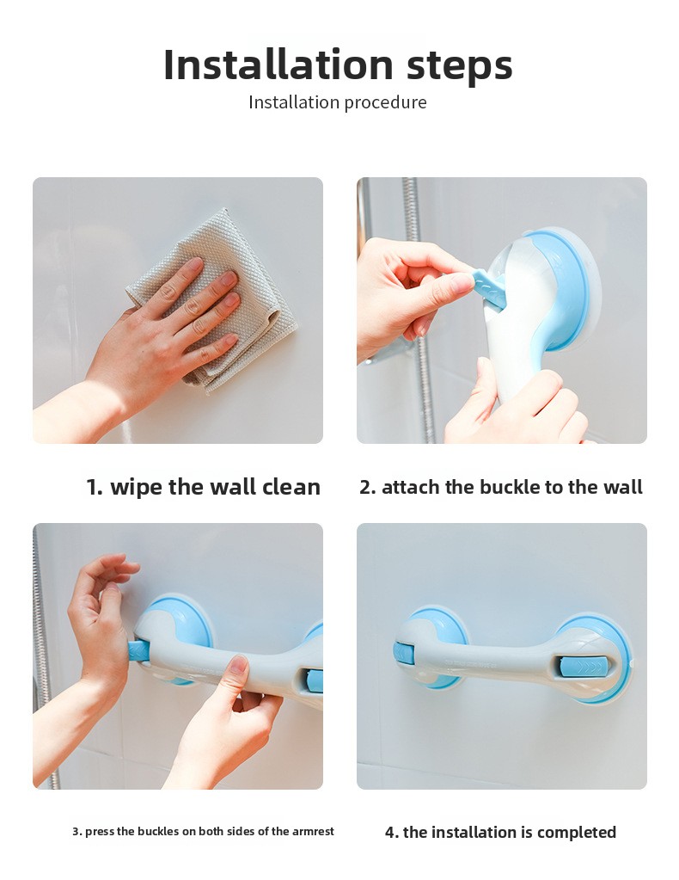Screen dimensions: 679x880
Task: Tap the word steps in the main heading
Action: coord(460,67)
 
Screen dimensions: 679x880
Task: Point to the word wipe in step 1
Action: coord(137,487)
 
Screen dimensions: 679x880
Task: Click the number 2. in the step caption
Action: coord(367,487)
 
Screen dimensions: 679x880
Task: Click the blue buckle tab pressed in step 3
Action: coord(139,651)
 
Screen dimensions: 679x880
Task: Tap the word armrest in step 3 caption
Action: coord(313,831)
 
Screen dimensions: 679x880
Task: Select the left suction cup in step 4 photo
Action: coord(431,644)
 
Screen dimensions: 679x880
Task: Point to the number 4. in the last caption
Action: coord(391,833)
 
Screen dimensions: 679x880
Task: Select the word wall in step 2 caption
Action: coord(623,487)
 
